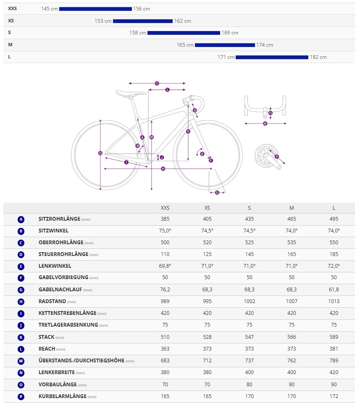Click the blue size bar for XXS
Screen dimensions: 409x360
pyautogui.click(x=95, y=9)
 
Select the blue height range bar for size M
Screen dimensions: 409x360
pyautogui.click(x=225, y=45)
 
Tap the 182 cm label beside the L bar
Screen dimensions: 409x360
pyautogui.click(x=318, y=57)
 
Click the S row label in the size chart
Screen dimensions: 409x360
pyautogui.click(x=9, y=32)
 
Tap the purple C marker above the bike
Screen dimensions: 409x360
pyautogui.click(x=157, y=83)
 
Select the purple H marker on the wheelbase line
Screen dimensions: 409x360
pyautogui.click(x=163, y=169)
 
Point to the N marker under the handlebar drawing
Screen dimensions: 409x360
pyautogui.click(x=265, y=124)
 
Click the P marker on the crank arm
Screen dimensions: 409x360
pyautogui.click(x=276, y=156)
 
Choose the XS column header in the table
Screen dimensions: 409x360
pyautogui.click(x=207, y=208)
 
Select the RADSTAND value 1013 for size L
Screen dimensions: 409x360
pyautogui.click(x=334, y=301)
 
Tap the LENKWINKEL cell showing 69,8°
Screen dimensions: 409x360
pyautogui.click(x=165, y=266)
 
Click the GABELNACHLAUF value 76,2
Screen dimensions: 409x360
pyautogui.click(x=165, y=290)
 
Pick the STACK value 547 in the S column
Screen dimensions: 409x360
pyautogui.click(x=250, y=337)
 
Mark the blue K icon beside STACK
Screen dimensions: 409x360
pyautogui.click(x=21, y=337)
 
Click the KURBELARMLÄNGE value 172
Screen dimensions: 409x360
pyautogui.click(x=334, y=396)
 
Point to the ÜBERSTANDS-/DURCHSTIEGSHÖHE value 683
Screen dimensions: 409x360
pyautogui.click(x=165, y=361)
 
